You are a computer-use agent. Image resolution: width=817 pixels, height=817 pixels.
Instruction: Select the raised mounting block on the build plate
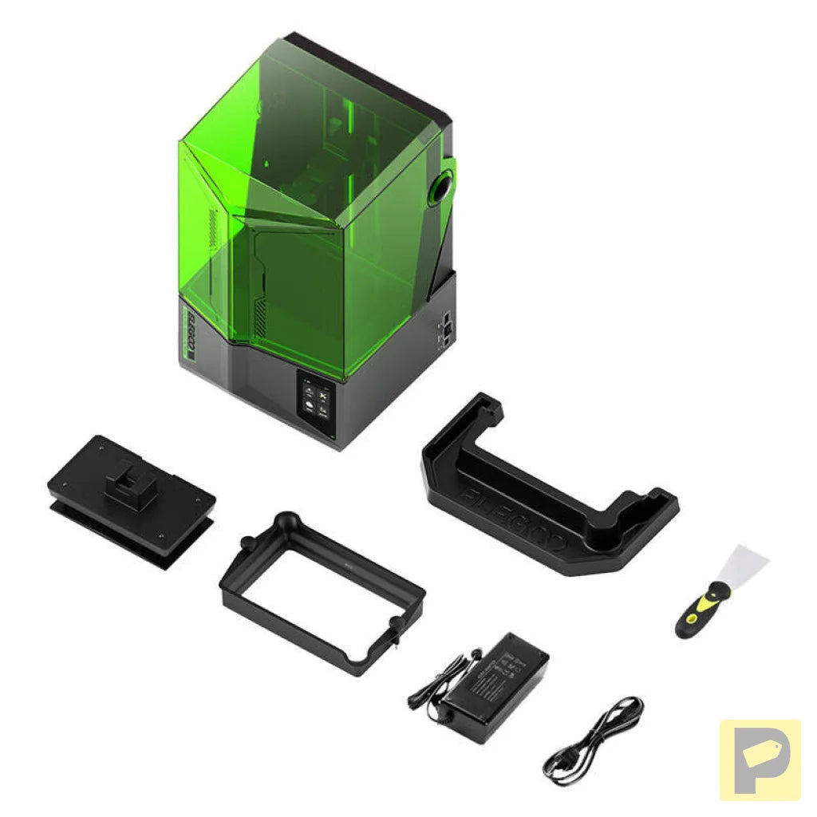[132, 482]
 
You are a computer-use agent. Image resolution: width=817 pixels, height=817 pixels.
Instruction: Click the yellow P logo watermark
[760, 760]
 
